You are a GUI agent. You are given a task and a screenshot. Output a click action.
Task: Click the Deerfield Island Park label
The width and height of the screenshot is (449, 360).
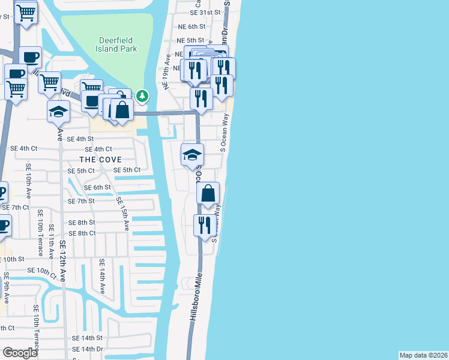[x=117, y=44]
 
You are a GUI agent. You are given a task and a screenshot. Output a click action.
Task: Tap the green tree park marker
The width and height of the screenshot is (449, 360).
[x=142, y=95]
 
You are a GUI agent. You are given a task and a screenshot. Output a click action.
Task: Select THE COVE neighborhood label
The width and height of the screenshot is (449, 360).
[x=101, y=160]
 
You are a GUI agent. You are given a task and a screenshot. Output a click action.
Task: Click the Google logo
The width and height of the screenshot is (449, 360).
[x=20, y=353]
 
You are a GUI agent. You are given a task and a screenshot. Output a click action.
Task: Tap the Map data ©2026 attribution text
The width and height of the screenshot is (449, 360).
[x=423, y=355]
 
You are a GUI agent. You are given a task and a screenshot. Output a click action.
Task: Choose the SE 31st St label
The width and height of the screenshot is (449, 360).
[x=205, y=12]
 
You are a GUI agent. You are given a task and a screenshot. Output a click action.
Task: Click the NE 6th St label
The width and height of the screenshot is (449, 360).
[x=191, y=26]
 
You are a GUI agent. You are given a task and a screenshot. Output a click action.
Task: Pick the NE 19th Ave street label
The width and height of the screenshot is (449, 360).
[x=167, y=72]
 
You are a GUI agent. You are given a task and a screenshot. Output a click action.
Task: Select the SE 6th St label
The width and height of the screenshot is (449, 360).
[x=97, y=187]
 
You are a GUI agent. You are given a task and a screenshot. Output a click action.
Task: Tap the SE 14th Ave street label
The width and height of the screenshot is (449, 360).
[x=102, y=276]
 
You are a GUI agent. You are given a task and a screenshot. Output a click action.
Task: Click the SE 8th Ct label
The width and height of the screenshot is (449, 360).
[x=82, y=233]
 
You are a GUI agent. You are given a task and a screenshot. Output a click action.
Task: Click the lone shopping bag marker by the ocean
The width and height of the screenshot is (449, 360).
[x=208, y=193]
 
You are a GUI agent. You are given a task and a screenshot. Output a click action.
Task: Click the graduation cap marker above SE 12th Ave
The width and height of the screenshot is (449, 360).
[x=59, y=112]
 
